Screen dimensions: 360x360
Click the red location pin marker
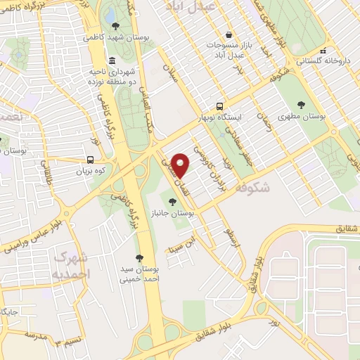(x=181, y=165)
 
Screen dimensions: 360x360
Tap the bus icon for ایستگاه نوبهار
(x=221, y=105)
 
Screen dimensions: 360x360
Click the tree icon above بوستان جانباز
(x=172, y=200)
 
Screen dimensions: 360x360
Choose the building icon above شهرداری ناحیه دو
(x=112, y=60)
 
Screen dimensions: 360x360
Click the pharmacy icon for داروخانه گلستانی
(x=323, y=51)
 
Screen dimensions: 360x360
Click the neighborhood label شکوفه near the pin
(x=252, y=188)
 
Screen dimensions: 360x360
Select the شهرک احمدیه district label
(x=71, y=264)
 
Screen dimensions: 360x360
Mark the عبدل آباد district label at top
(x=188, y=6)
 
